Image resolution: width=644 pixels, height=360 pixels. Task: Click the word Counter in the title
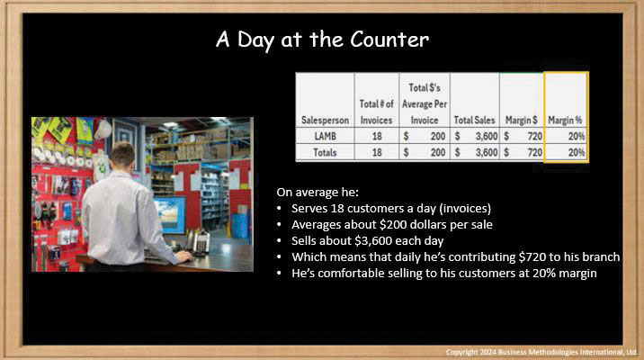click(389, 40)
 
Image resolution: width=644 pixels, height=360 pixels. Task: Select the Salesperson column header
click(325, 120)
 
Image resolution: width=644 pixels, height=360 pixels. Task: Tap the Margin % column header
click(565, 120)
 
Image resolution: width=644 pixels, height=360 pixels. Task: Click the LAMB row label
click(325, 136)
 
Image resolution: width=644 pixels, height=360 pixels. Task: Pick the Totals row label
click(325, 152)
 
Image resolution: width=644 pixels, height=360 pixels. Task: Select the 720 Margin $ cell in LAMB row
click(535, 136)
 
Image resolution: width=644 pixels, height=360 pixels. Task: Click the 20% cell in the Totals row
click(577, 152)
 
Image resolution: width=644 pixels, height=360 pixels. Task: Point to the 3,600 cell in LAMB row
click(487, 136)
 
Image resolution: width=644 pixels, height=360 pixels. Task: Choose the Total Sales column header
click(474, 120)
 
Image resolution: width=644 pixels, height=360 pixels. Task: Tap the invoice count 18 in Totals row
click(377, 152)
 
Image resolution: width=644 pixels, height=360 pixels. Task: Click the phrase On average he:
click(318, 193)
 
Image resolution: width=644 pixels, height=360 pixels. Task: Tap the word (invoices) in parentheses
click(465, 209)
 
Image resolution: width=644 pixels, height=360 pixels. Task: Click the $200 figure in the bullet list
click(393, 225)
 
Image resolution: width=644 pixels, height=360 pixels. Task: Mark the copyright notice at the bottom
click(541, 352)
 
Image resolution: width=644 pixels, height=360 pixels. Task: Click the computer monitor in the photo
click(170, 215)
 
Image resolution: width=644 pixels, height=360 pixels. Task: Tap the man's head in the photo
click(123, 155)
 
